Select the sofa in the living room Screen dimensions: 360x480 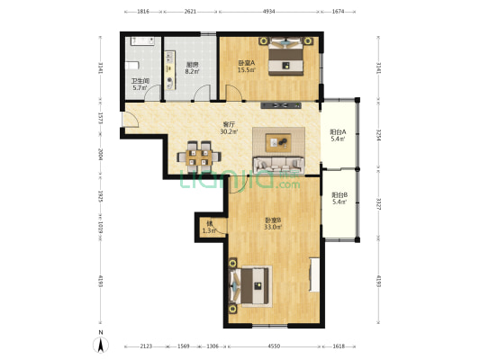(x=280, y=165)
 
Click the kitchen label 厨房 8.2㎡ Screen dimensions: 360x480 (x=192, y=67)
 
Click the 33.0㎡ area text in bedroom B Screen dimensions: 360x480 (x=272, y=227)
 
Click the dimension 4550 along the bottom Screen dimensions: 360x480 (x=273, y=346)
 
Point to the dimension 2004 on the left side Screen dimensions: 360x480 (x=102, y=155)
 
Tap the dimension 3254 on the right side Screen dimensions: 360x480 (x=379, y=135)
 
